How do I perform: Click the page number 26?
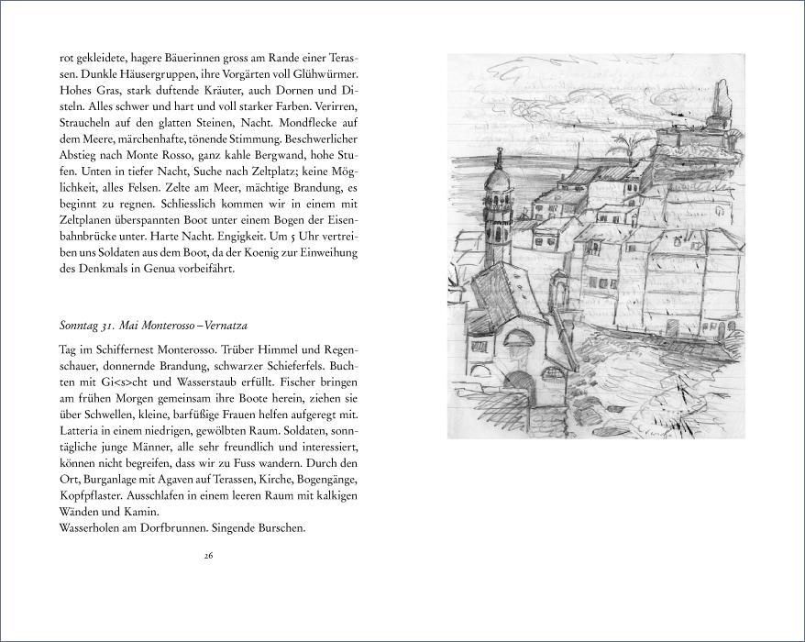pyautogui.click(x=209, y=555)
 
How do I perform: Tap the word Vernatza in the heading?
pyautogui.click(x=224, y=326)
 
